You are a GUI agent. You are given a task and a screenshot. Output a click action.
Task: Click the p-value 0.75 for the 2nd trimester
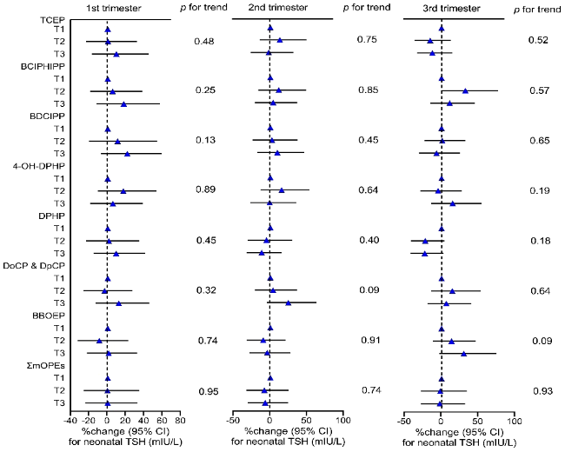pos(367,40)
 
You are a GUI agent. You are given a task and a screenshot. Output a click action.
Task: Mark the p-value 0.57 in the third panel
pos(539,90)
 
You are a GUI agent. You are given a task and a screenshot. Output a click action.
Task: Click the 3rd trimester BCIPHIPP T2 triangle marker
pos(465,90)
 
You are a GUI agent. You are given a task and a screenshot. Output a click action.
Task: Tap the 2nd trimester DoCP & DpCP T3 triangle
pos(289,302)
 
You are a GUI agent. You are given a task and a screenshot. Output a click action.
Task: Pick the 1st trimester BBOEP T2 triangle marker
pos(99,341)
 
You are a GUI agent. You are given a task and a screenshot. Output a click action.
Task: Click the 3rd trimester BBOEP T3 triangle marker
pos(463,353)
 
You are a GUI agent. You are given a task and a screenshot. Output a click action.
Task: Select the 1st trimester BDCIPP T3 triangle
pos(127,154)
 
